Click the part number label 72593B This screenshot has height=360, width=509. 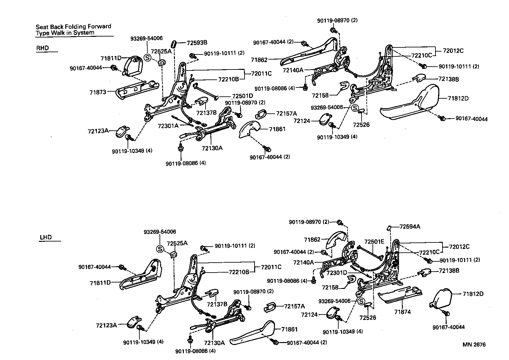click(197, 42)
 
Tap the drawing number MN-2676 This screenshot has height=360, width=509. click(474, 345)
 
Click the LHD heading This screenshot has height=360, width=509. click(45, 238)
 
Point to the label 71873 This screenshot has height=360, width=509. click(98, 92)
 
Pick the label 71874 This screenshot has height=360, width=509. click(402, 312)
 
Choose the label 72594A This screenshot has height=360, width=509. click(410, 226)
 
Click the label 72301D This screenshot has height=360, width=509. click(337, 273)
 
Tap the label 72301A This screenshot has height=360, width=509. click(168, 126)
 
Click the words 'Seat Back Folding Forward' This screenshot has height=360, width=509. click(73, 27)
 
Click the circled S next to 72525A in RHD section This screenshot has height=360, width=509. click(147, 58)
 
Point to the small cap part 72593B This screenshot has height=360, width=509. click(175, 44)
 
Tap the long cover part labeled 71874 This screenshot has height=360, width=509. click(400, 295)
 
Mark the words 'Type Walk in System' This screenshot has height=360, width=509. click(65, 33)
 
